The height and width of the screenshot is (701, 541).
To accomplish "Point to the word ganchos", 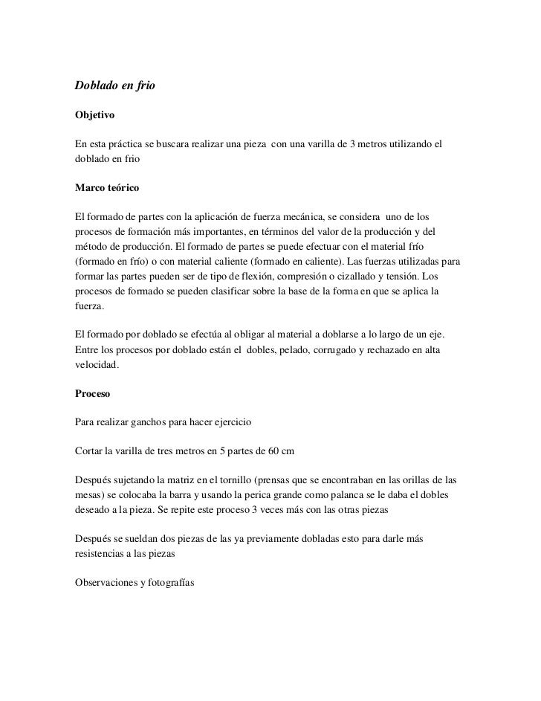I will (153, 422).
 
